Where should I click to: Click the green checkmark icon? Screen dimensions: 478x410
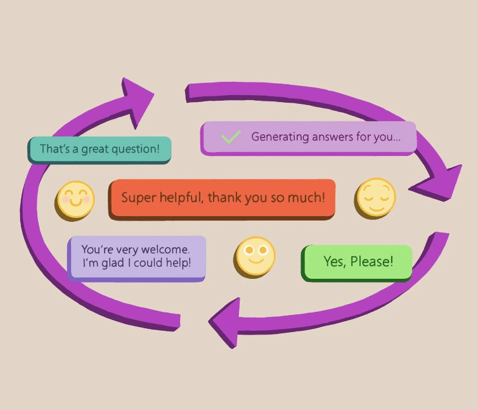tap(231, 137)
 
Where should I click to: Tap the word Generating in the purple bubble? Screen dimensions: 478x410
tap(280, 137)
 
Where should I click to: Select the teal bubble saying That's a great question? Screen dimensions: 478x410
tap(100, 150)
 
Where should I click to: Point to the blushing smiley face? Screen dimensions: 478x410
tap(75, 201)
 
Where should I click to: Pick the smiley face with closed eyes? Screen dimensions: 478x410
tap(375, 198)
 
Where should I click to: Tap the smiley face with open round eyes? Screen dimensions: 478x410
tap(255, 257)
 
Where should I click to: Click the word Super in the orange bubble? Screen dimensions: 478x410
tap(139, 198)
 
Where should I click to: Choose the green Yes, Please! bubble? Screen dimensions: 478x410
tap(356, 263)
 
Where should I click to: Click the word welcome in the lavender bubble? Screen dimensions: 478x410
tap(165, 249)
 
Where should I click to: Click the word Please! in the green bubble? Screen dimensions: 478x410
tap(371, 261)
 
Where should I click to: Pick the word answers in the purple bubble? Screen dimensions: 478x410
tap(332, 137)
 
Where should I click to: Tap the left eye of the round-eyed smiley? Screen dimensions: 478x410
tap(249, 250)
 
